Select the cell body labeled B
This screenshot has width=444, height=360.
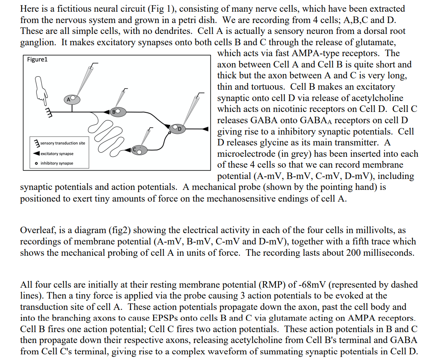click(x=118, y=111)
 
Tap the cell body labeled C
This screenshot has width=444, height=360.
click(x=137, y=150)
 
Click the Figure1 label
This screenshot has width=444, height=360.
click(x=37, y=60)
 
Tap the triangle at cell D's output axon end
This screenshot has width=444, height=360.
click(x=205, y=129)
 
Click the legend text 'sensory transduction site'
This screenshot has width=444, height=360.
click(x=63, y=143)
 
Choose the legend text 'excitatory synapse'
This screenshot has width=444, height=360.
click(x=57, y=154)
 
